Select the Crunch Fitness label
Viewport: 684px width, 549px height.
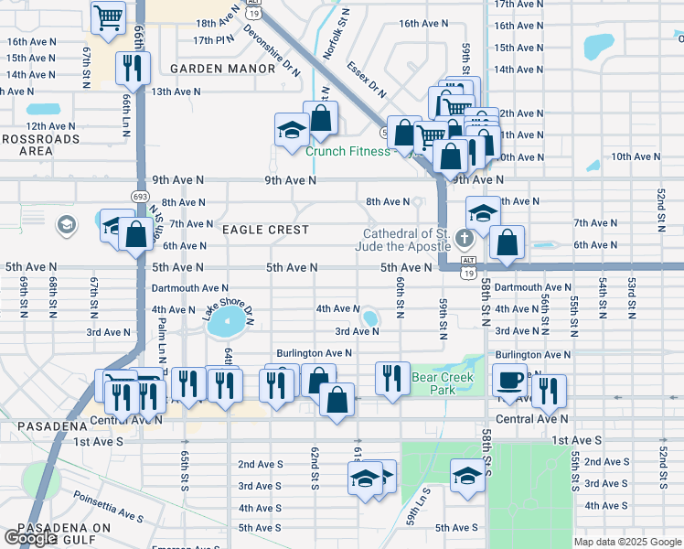pos(347,152)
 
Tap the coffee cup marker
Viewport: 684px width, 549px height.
pos(509,378)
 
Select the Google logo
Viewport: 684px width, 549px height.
pos(30,538)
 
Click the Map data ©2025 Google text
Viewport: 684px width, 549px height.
pos(627,542)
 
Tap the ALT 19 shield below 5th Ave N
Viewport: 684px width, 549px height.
pos(468,274)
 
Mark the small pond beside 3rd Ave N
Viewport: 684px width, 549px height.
pos(370,318)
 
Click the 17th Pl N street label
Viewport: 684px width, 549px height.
pos(213,40)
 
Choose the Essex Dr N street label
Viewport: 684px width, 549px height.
pos(366,80)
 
